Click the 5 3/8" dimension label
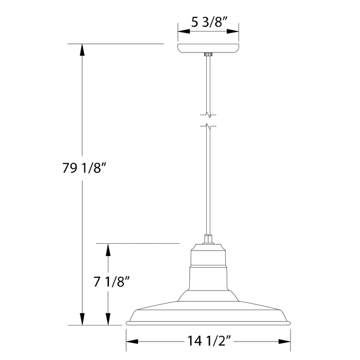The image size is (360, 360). (208, 22)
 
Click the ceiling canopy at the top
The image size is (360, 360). (208, 48)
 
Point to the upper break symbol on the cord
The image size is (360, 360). (208, 114)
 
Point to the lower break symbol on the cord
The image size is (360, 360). (208, 125)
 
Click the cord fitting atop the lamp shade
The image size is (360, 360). (208, 239)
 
